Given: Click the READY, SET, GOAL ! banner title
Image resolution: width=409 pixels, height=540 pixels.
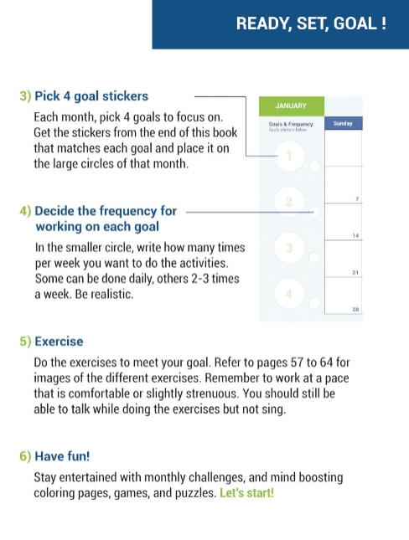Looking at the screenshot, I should click(x=311, y=23).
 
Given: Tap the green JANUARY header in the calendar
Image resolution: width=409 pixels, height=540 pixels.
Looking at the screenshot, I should click(x=291, y=106).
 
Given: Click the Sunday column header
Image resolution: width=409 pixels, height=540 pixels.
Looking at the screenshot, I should click(x=343, y=123).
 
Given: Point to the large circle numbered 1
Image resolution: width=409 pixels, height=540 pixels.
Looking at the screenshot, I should click(x=289, y=156).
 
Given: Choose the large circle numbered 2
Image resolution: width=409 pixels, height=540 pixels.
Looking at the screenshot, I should click(x=289, y=202).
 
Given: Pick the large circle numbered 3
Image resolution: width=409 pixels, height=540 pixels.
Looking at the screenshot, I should click(x=289, y=248).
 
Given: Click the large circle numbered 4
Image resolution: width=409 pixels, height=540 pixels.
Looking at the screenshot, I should click(x=289, y=293).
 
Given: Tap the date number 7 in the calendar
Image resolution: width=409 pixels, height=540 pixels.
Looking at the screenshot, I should click(x=358, y=198).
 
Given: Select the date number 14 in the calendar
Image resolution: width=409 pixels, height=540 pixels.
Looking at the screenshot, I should click(x=357, y=236).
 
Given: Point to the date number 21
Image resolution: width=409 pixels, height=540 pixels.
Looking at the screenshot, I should click(x=357, y=273).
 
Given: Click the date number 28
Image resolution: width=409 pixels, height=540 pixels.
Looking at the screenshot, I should click(x=357, y=310).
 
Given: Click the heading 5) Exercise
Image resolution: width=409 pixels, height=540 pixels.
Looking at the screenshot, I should click(x=51, y=342).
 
